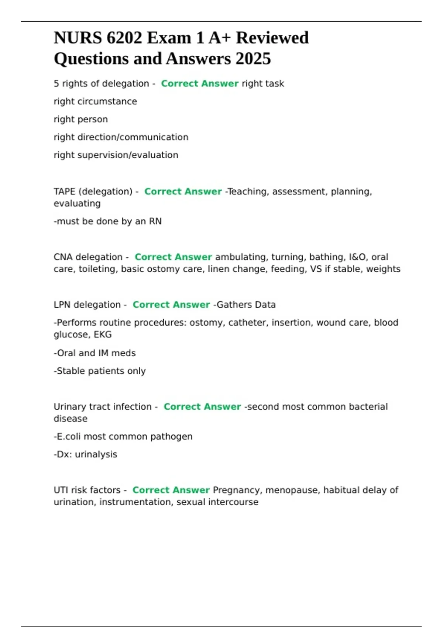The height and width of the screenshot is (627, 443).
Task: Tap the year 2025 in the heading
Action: click(253, 59)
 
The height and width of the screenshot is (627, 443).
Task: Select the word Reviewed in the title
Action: click(272, 38)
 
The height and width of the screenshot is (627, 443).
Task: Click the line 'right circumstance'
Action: click(95, 101)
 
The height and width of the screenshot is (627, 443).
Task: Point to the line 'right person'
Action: click(81, 119)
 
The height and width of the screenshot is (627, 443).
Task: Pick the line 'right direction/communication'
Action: click(121, 137)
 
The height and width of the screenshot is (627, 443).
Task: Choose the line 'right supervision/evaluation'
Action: click(116, 155)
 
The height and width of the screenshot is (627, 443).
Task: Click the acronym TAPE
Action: click(64, 191)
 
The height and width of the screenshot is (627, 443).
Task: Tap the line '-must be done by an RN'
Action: click(107, 221)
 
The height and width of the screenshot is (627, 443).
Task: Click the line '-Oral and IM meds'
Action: click(95, 353)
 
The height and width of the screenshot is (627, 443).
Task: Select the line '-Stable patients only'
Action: click(100, 371)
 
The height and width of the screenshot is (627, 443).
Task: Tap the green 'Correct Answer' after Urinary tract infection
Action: click(202, 407)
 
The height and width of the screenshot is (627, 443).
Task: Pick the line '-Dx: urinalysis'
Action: click(85, 454)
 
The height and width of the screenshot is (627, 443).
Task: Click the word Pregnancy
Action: click(237, 490)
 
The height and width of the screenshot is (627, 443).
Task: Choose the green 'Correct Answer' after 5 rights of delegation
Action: click(199, 84)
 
